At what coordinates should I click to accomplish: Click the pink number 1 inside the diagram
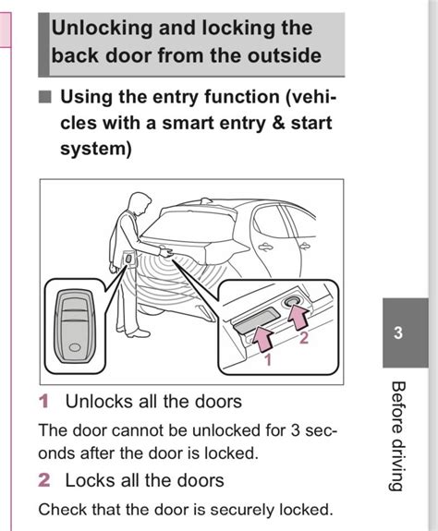pyautogui.click(x=269, y=360)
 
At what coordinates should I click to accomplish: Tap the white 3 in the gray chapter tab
pyautogui.click(x=398, y=333)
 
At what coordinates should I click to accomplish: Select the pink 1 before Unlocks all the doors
pyautogui.click(x=43, y=402)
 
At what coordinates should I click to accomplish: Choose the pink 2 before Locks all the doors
pyautogui.click(x=43, y=480)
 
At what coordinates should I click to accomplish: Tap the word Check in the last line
pyautogui.click(x=61, y=509)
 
